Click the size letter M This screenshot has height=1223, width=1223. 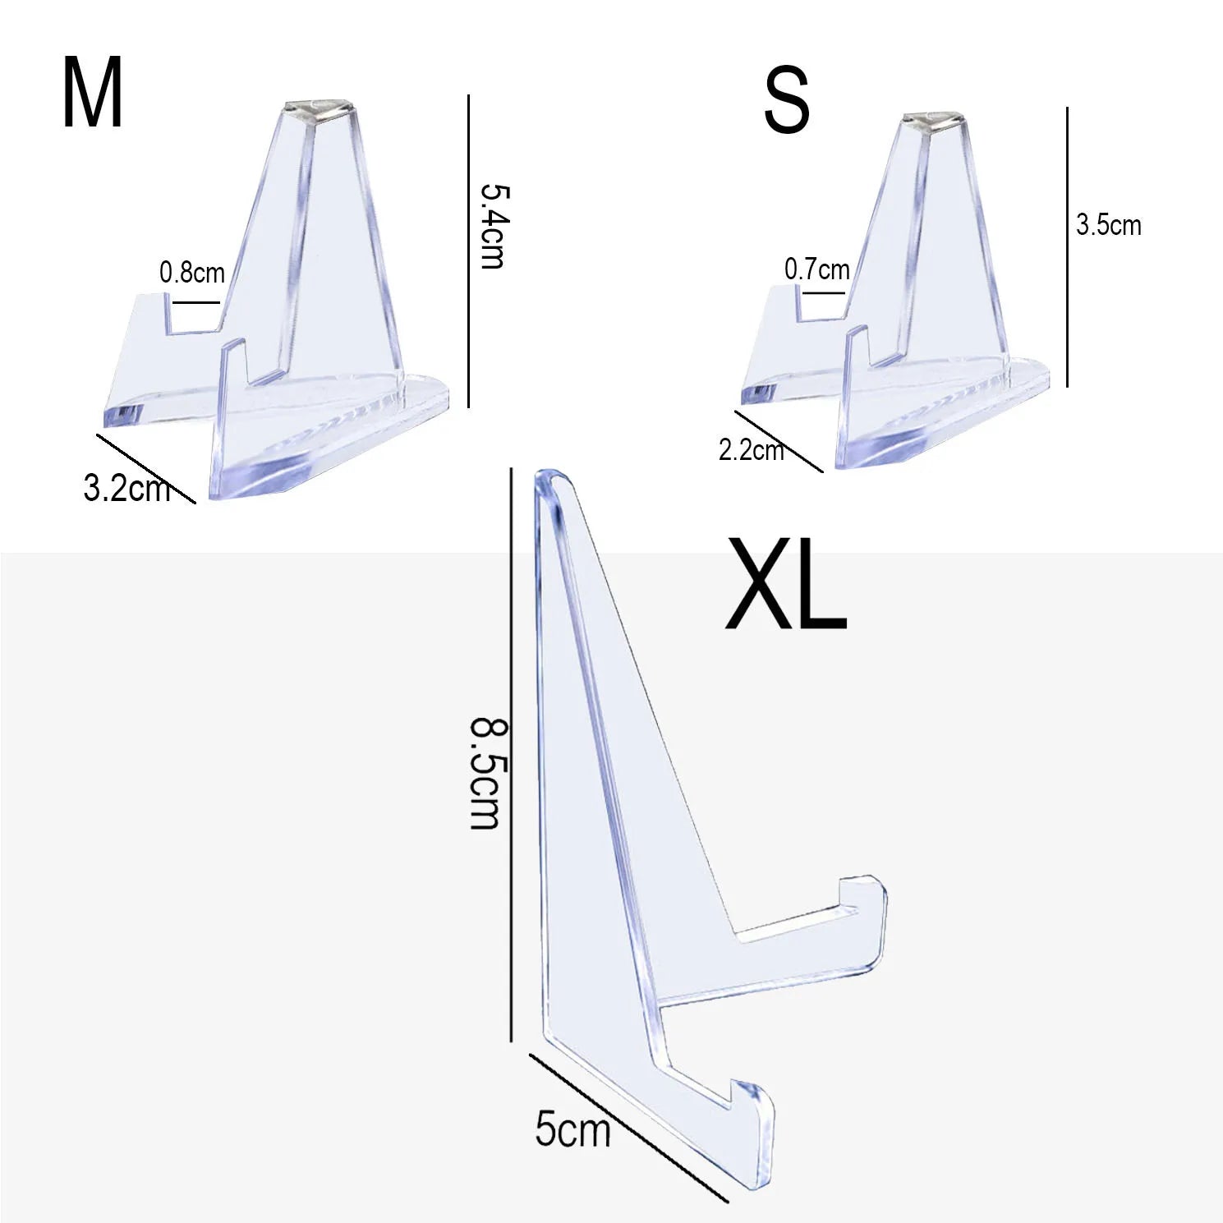click(x=92, y=94)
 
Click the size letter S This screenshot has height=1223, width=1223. click(x=786, y=102)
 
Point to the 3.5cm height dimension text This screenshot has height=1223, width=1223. click(x=1109, y=224)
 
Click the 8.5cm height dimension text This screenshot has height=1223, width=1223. click(x=485, y=774)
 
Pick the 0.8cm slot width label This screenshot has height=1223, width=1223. click(x=191, y=272)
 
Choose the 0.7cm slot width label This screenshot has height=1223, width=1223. click(x=816, y=269)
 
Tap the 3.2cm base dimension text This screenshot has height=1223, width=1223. click(x=127, y=488)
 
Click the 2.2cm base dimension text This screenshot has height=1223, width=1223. click(x=752, y=450)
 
